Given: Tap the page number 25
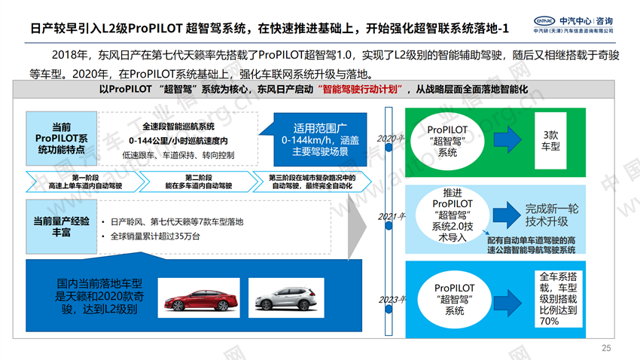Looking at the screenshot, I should [x=607, y=347].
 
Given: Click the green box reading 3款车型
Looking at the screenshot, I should [x=550, y=139].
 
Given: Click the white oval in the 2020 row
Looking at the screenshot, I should [x=447, y=142].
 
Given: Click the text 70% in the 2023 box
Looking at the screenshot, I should [x=548, y=321].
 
